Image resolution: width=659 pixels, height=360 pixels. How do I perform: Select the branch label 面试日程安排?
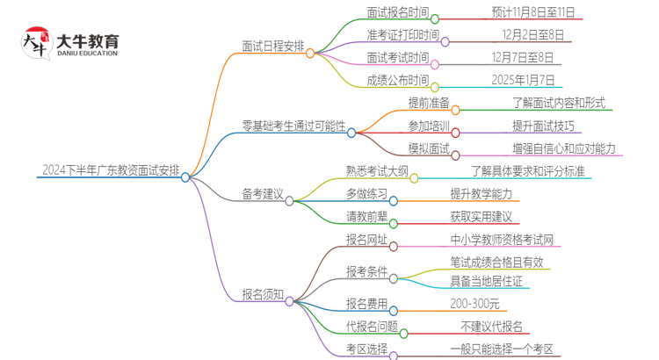coord(273,47)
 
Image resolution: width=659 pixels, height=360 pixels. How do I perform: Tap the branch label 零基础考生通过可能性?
coord(293,126)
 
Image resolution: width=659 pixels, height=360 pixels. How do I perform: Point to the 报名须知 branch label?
coord(263,295)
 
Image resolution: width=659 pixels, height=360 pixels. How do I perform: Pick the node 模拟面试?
coord(428,148)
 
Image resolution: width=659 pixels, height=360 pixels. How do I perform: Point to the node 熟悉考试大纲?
coord(377,171)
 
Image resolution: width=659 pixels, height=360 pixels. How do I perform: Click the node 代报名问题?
coord(373,327)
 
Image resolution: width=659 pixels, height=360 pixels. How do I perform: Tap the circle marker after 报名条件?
coord(394,277)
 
